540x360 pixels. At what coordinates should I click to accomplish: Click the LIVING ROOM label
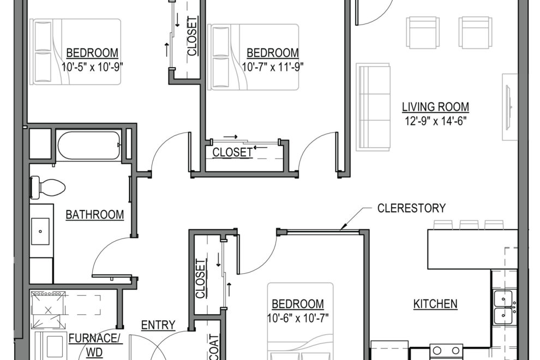click(x=435, y=107)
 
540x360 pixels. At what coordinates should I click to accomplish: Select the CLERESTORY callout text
click(x=411, y=208)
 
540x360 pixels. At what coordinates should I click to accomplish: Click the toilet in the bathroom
click(x=47, y=187)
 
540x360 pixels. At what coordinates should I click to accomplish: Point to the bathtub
click(x=88, y=145)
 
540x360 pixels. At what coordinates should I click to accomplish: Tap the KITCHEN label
click(x=435, y=304)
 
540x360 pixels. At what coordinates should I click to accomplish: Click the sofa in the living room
click(x=373, y=107)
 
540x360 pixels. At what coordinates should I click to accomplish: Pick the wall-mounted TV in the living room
click(x=508, y=107)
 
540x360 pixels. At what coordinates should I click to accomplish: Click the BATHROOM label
click(x=94, y=215)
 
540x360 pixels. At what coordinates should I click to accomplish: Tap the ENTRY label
click(x=158, y=326)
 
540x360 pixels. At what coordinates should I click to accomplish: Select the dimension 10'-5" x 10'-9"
click(x=92, y=67)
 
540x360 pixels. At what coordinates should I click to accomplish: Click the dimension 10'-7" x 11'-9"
click(x=273, y=67)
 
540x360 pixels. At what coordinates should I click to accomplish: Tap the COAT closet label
click(x=213, y=346)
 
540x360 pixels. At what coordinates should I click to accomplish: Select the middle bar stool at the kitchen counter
click(x=469, y=224)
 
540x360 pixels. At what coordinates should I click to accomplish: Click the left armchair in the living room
click(x=422, y=32)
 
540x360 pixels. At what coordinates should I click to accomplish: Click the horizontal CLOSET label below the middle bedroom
click(x=232, y=152)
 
